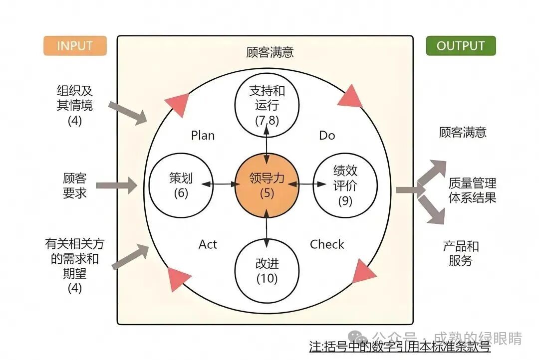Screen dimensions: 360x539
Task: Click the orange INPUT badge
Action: [x=75, y=46]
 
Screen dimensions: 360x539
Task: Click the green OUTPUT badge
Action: [x=461, y=46]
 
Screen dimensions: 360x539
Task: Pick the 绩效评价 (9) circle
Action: [x=345, y=185]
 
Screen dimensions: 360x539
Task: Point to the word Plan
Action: [x=203, y=136]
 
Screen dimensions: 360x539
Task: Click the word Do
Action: [x=327, y=136]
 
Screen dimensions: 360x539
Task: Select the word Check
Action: [x=327, y=244]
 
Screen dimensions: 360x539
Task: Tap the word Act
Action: [x=208, y=244]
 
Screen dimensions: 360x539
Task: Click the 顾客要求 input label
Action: [x=75, y=185]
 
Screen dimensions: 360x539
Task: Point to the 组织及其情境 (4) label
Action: [x=75, y=105]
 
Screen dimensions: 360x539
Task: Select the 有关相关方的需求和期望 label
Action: [x=75, y=265]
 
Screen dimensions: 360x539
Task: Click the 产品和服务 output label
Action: [x=461, y=253]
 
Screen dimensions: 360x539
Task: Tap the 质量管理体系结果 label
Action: [x=472, y=190]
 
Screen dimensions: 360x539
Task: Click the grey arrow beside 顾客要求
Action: [x=116, y=185]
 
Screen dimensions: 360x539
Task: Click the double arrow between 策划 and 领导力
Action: [x=220, y=184]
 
